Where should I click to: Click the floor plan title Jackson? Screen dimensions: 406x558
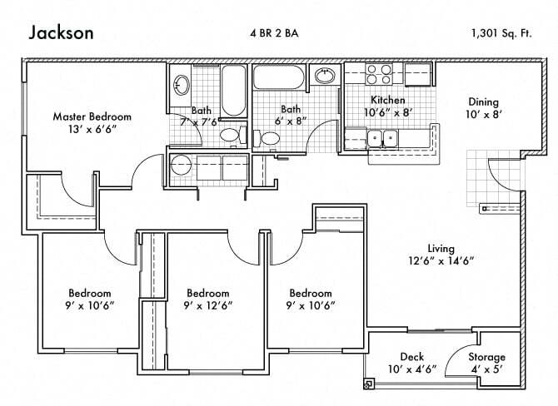(x=62, y=32)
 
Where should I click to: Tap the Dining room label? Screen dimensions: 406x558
(x=483, y=102)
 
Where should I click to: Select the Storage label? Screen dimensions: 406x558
(x=486, y=357)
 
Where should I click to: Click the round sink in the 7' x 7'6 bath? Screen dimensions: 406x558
(x=181, y=83)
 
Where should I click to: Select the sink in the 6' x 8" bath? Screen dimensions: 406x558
(x=325, y=77)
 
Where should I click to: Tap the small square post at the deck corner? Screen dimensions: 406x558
(x=367, y=384)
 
